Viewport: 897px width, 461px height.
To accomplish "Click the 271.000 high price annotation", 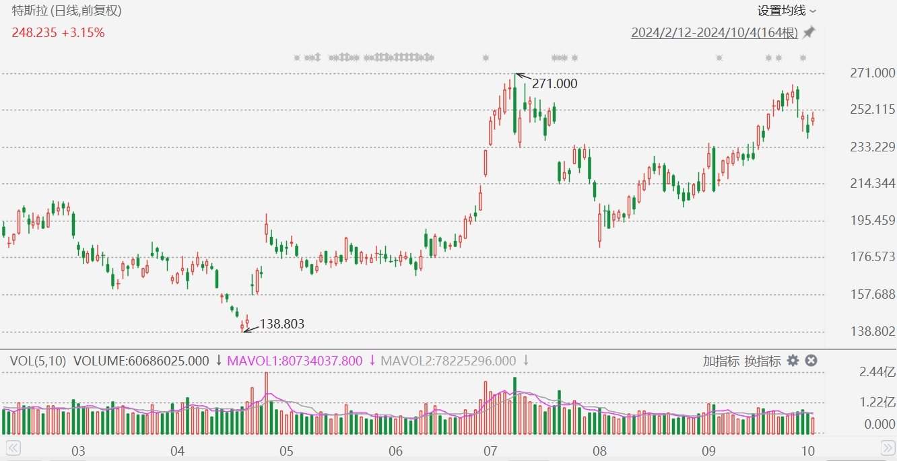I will point(554,83).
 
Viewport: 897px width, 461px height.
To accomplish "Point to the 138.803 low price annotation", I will point(281,324).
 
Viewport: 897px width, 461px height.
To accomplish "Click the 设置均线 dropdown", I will point(786,10).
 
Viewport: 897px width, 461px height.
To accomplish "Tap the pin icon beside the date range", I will point(809,32).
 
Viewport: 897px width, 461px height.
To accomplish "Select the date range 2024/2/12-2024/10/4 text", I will point(714,33).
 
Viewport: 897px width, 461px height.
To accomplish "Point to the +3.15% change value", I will point(83,32).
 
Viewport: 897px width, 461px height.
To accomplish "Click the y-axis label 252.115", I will point(872,110).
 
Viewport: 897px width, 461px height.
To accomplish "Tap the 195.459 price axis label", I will point(872,220).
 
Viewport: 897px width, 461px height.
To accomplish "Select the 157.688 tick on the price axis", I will point(872,294).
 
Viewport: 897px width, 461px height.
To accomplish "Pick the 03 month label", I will point(78,450).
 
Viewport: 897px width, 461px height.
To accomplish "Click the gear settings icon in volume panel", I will point(793,361).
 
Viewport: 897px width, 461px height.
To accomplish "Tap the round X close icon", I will point(811,361).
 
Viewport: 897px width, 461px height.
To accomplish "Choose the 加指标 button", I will point(721,361).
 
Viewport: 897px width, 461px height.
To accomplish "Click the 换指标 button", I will point(762,361).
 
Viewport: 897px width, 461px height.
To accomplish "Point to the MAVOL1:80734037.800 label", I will point(294,361).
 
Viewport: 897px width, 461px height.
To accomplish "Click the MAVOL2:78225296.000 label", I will point(448,361).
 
